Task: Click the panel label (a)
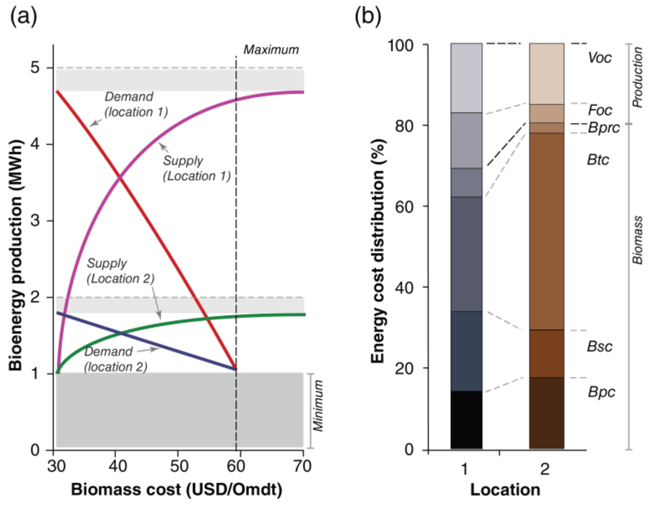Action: (24, 17)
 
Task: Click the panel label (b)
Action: (368, 17)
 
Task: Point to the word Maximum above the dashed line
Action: (271, 50)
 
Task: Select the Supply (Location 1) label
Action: (196, 169)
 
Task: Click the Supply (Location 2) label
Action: (121, 271)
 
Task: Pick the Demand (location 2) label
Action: (116, 359)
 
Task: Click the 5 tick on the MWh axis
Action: (35, 68)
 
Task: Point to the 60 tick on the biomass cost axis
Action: (236, 466)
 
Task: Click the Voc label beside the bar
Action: (600, 58)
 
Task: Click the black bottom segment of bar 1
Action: (466, 420)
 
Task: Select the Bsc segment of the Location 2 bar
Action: (547, 353)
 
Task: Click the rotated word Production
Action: (637, 77)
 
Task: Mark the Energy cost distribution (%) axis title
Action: (379, 251)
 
